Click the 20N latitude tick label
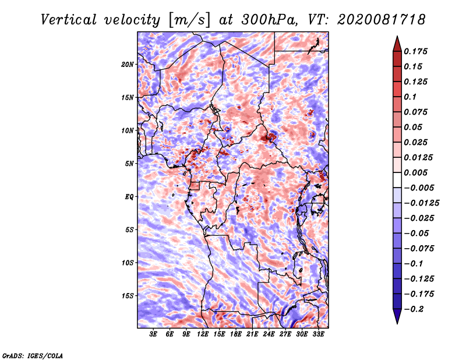click(x=127, y=65)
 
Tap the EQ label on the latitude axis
click(x=129, y=197)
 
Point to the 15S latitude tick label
click(x=127, y=296)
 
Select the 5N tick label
click(x=129, y=164)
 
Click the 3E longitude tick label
click(x=153, y=334)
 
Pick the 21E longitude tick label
click(x=252, y=334)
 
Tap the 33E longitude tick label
click(x=318, y=334)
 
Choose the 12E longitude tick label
click(x=203, y=334)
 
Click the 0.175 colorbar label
click(x=415, y=51)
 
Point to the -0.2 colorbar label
click(x=414, y=309)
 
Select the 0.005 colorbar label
click(x=415, y=172)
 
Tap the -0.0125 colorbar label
click(x=421, y=203)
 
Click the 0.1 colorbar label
click(x=410, y=97)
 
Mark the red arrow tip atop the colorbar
click(x=397, y=36)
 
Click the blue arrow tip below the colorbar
click(x=397, y=323)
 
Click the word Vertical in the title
click(x=69, y=20)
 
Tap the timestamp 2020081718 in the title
click(x=382, y=20)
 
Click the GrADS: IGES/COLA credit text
click(x=33, y=356)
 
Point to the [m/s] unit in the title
click(x=189, y=20)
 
